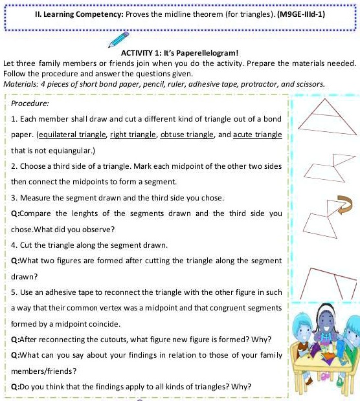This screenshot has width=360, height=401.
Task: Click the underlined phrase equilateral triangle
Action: (72, 135)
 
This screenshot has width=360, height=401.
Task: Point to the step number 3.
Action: (14, 197)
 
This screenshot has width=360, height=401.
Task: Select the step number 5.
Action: (14, 292)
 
